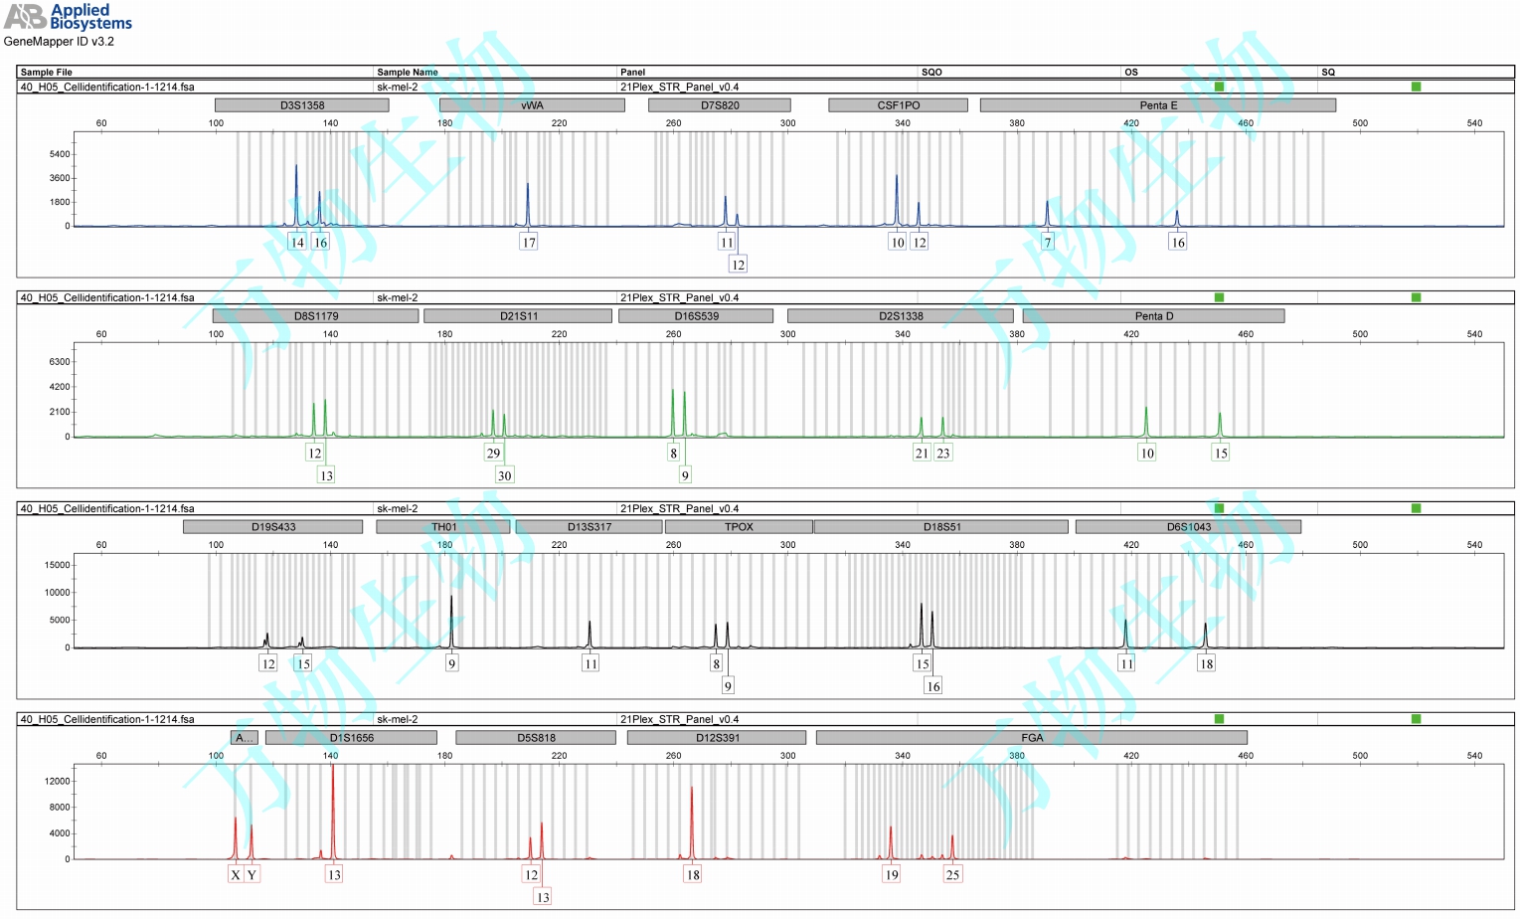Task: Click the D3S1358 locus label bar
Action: (x=301, y=105)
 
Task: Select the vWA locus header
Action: (x=532, y=105)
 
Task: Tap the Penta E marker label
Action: (x=1157, y=105)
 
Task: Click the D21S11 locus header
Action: (x=518, y=316)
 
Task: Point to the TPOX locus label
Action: (x=739, y=527)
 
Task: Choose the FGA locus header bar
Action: (x=1031, y=738)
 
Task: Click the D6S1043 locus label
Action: (x=1188, y=527)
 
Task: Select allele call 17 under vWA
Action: (x=529, y=243)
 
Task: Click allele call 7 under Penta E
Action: (x=1047, y=243)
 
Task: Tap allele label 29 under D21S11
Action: (x=493, y=454)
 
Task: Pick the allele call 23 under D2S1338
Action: (x=943, y=454)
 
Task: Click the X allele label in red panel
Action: (x=236, y=875)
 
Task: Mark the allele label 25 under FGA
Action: (x=952, y=875)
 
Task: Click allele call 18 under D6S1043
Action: (x=1206, y=664)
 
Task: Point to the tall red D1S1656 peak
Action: (x=332, y=796)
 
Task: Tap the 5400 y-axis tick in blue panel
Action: (x=60, y=154)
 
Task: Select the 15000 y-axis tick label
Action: (x=57, y=565)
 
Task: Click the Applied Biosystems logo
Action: (x=68, y=17)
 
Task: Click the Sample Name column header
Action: (x=408, y=72)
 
